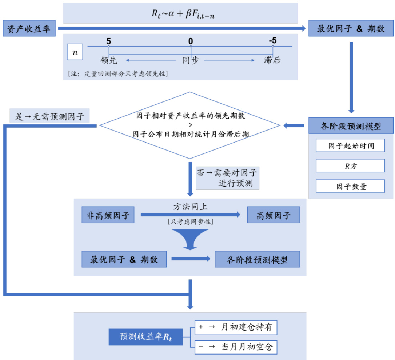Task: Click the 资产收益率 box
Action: pos(29,28)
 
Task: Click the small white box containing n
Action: pos(75,52)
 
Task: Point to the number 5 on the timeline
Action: pos(108,41)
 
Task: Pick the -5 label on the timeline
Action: pos(272,41)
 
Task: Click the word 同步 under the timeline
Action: pos(191,60)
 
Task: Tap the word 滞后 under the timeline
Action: pos(272,60)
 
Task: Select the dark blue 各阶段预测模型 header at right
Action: pos(351,126)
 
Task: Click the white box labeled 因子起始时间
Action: pos(350,146)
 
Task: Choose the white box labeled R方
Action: pos(350,166)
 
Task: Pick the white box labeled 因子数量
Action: pos(350,186)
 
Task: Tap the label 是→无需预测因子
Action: pos(49,116)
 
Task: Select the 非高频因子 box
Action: pos(108,215)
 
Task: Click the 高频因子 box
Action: pos(274,215)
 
